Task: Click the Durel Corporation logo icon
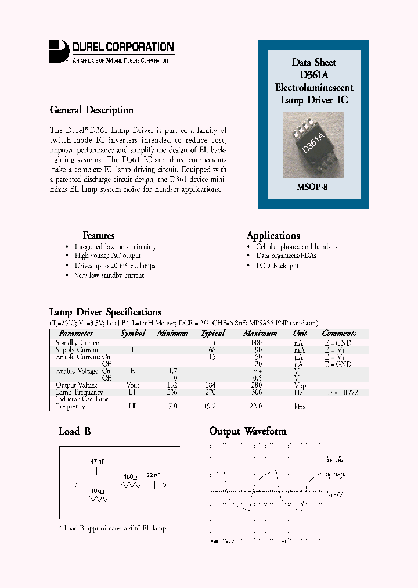click(x=59, y=50)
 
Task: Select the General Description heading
click(x=91, y=110)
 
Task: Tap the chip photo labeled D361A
click(x=313, y=146)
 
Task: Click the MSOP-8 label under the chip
click(x=313, y=187)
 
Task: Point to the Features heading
click(x=98, y=235)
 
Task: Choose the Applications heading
click(x=273, y=235)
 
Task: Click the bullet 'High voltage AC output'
click(x=107, y=256)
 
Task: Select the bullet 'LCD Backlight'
click(x=277, y=266)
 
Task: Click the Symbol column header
click(x=133, y=334)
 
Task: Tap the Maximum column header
click(x=260, y=334)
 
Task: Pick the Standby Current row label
click(x=78, y=343)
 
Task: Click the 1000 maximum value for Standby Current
click(x=254, y=343)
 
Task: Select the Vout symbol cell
click(x=133, y=385)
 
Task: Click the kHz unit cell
click(x=300, y=407)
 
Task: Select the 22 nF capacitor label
click(x=154, y=475)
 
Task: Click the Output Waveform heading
click(x=247, y=431)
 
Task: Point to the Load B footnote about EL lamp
click(x=113, y=528)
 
